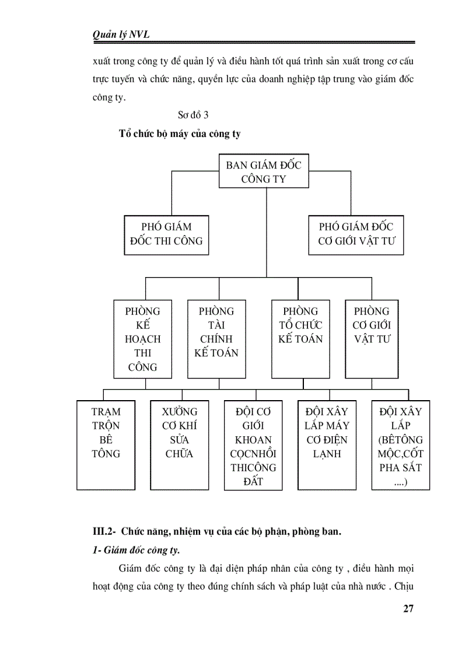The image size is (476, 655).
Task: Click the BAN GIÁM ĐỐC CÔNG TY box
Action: [264, 171]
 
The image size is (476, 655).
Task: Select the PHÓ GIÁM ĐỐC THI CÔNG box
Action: [167, 234]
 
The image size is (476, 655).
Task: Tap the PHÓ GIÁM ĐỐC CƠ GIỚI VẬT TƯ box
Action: [356, 234]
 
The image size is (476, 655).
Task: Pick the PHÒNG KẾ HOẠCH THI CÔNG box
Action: [142, 339]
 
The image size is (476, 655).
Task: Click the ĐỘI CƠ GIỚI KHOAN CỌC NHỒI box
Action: [253, 444]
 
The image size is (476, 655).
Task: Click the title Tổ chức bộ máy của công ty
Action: [180, 134]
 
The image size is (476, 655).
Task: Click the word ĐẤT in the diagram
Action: [254, 482]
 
